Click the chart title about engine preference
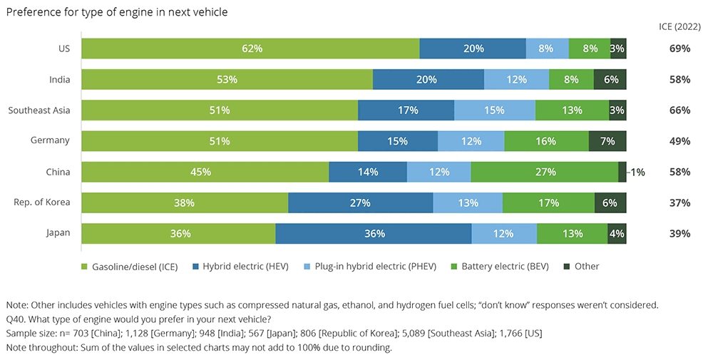[x=117, y=13]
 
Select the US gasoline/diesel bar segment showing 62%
[x=250, y=48]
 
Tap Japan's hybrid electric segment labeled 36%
[x=374, y=234]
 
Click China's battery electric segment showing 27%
[x=545, y=172]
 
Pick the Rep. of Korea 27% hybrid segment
[x=360, y=203]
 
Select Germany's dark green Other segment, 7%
[x=607, y=141]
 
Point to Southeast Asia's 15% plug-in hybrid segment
[x=495, y=110]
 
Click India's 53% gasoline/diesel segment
[x=227, y=79]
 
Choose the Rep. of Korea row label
[x=42, y=202]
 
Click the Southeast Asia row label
[x=39, y=110]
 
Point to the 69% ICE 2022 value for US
[x=679, y=48]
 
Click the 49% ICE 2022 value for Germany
[x=679, y=141]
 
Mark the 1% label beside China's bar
[x=637, y=172]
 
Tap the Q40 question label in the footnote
[x=15, y=317]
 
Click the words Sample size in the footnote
[x=31, y=332]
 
